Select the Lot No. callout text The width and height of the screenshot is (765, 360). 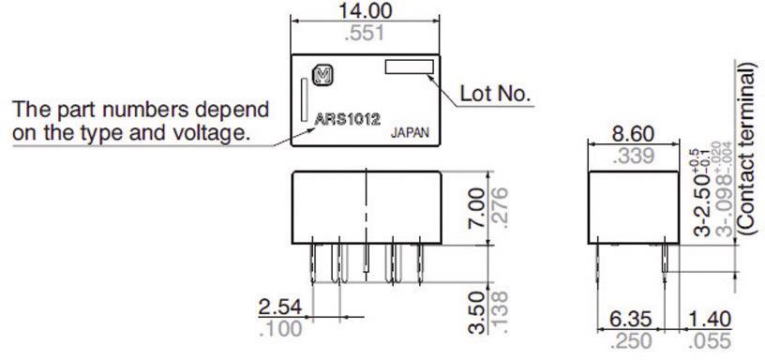tap(495, 95)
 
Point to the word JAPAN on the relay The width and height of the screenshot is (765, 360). tap(410, 133)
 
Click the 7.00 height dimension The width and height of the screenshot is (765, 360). tap(476, 208)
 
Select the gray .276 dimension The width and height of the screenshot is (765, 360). tap(498, 208)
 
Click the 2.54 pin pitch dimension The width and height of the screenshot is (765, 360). tap(277, 306)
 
